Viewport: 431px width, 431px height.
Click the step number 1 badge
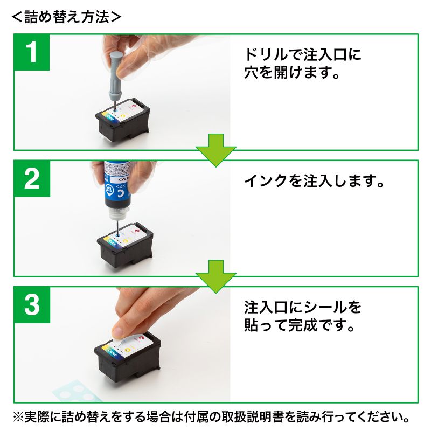32,52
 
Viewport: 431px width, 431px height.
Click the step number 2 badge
32,178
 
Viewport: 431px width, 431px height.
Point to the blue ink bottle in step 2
116,186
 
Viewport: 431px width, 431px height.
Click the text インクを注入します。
315,181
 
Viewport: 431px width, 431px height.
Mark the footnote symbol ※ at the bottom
19,417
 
